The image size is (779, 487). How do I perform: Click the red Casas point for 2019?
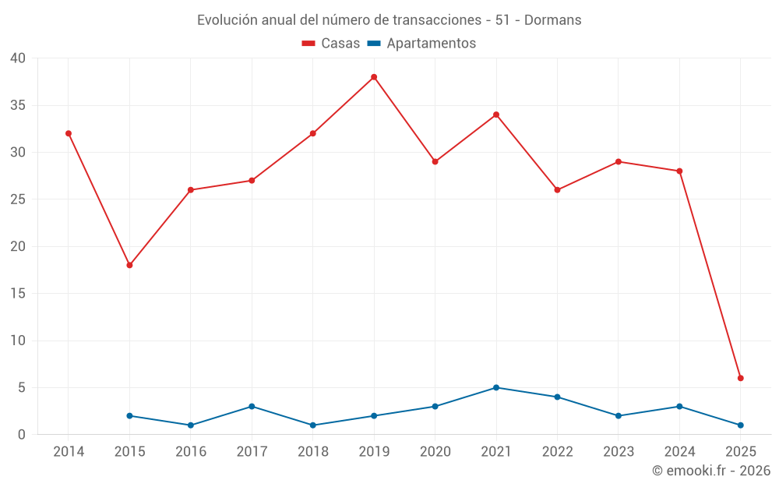tap(374, 77)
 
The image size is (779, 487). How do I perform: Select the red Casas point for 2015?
tap(129, 265)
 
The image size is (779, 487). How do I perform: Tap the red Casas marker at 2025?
tap(740, 378)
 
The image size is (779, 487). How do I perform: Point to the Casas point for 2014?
tap(69, 133)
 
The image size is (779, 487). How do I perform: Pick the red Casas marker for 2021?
tap(496, 115)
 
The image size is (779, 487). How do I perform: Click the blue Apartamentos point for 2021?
tap(496, 387)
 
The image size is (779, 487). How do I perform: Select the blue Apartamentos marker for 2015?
tap(129, 415)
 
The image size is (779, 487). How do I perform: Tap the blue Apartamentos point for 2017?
tap(252, 406)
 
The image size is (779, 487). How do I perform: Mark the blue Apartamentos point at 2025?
tap(740, 425)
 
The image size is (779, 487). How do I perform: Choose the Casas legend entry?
tap(331, 44)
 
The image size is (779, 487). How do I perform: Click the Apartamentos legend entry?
tap(421, 44)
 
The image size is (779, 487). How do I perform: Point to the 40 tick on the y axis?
tap(18, 58)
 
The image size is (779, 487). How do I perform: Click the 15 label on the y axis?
tap(18, 294)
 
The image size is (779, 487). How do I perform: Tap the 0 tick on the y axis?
tap(22, 435)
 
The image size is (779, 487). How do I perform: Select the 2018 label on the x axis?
tap(312, 452)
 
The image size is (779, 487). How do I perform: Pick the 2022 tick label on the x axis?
tap(557, 452)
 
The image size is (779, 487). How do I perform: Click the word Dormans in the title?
tap(553, 20)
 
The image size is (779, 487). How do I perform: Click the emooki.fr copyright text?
tap(711, 471)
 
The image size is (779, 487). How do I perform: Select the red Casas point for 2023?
tap(618, 161)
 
